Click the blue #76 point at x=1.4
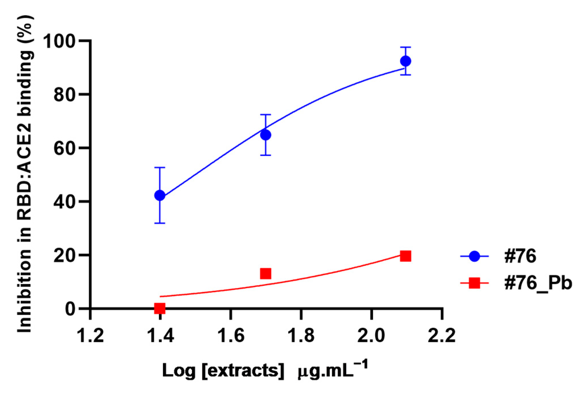click(x=160, y=195)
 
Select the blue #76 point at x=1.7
click(x=265, y=135)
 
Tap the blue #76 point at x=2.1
click(x=405, y=61)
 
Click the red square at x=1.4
click(x=160, y=308)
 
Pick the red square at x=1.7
click(x=265, y=273)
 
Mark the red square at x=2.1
click(x=405, y=256)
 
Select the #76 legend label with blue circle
click(x=520, y=256)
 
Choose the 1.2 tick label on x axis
click(x=90, y=335)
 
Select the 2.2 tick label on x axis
click(x=441, y=335)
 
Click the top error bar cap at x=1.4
click(x=160, y=168)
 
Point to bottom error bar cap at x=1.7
click(x=265, y=155)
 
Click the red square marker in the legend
click(x=474, y=283)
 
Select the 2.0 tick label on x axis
click(x=371, y=335)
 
